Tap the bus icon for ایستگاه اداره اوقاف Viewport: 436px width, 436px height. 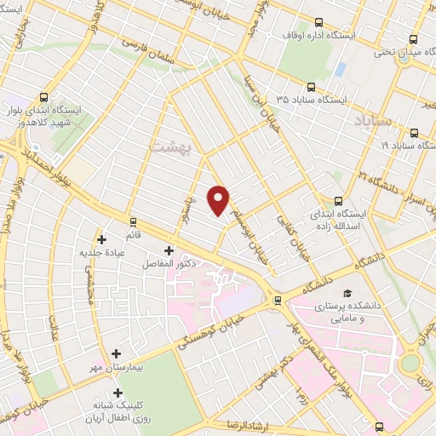pyautogui.click(x=318, y=23)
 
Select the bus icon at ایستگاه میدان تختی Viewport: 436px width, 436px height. pyautogui.click(x=413, y=38)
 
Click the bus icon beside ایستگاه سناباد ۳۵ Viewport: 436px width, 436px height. pyautogui.click(x=310, y=86)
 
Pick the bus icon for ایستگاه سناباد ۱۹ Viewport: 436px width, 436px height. pyautogui.click(x=414, y=133)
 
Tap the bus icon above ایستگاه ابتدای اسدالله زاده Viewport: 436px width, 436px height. pyautogui.click(x=339, y=202)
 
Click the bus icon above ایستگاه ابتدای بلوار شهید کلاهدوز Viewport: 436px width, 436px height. pyautogui.click(x=44, y=97)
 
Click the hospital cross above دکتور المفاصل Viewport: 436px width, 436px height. pyautogui.click(x=168, y=250)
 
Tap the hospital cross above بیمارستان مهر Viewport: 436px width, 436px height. pyautogui.click(x=117, y=353)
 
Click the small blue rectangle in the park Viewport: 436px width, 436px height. pyautogui.click(x=341, y=68)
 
